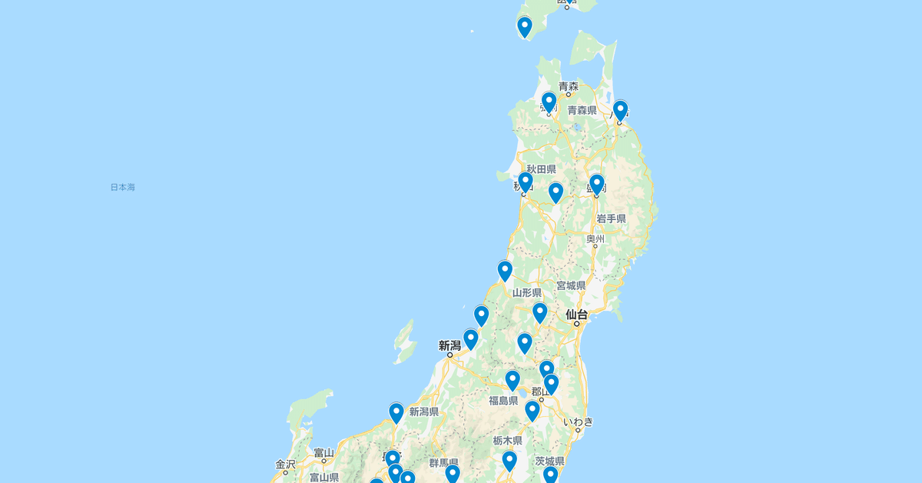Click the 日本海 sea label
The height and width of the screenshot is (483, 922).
(x=122, y=187)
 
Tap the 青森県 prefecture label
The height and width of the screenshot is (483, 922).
(x=582, y=111)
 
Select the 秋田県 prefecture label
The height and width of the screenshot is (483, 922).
(x=541, y=169)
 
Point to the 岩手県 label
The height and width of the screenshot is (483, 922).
(x=611, y=218)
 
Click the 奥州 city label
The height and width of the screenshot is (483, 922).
(x=595, y=239)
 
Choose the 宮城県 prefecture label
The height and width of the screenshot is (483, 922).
(x=571, y=285)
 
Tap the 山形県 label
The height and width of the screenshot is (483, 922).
(x=526, y=293)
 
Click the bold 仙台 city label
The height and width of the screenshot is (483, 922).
(x=576, y=314)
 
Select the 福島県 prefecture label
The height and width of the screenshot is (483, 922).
(x=503, y=400)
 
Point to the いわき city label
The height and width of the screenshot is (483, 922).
(x=578, y=421)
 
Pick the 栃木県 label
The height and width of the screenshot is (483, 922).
(x=507, y=441)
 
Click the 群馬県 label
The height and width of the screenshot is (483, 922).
(x=443, y=462)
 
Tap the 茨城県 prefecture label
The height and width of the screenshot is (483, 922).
(x=550, y=461)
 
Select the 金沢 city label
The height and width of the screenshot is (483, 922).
(x=285, y=464)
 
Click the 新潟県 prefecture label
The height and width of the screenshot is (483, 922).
(x=424, y=411)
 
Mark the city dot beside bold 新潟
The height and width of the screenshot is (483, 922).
(x=450, y=355)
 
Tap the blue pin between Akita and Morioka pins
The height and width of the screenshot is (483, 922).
(x=556, y=192)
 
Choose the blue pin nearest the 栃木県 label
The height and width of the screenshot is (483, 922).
(x=509, y=461)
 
